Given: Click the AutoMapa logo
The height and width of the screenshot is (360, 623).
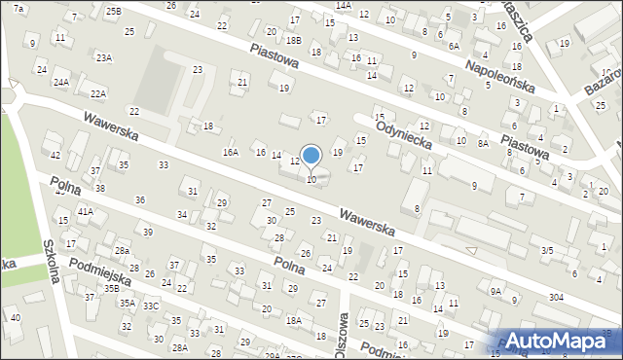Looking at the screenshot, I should tap(563, 341).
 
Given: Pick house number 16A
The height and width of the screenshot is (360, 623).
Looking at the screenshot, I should tap(231, 152).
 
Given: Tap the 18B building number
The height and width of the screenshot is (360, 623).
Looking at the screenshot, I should tap(294, 40).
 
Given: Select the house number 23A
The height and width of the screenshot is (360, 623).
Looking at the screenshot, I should tap(103, 58).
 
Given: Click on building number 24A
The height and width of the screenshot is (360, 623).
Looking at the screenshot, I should tap(61, 83).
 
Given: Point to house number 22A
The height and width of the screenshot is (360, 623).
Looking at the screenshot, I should tap(97, 94).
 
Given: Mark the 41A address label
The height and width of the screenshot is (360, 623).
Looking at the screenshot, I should tap(86, 211).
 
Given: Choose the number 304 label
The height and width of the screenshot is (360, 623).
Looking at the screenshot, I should tap(555, 297).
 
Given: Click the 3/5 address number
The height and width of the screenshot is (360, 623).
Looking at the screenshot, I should tap(547, 250).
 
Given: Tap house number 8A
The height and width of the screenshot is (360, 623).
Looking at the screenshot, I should tap(483, 143).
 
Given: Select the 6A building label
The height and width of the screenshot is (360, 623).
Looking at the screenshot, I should tap(454, 46).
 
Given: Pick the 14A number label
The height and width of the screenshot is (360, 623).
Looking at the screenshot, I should tap(343, 5).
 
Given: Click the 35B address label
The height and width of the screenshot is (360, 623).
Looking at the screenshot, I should tap(112, 289).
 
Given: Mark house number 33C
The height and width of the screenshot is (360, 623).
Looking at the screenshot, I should tap(151, 306).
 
